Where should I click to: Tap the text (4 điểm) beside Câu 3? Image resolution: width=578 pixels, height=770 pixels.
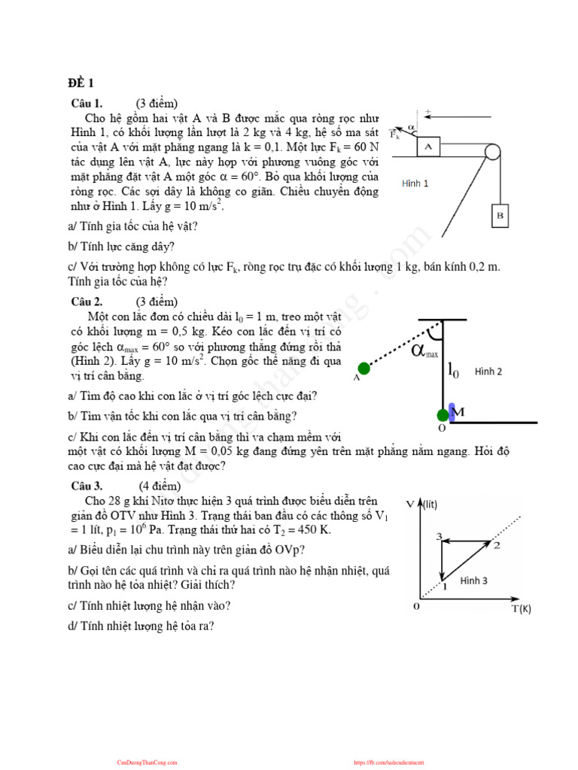coord(160,485)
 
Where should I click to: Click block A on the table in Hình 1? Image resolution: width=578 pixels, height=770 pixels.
coord(428,147)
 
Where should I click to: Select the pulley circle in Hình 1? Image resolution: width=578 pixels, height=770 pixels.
coord(492,151)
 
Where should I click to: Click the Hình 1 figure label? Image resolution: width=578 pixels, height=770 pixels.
coord(415,183)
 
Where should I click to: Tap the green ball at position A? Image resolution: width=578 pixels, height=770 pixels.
coord(364,368)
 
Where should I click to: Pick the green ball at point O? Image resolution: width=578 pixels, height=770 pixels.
coord(443,415)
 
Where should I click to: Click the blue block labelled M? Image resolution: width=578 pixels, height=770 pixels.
coord(452,411)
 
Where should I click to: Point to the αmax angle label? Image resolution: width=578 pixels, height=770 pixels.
coord(424,351)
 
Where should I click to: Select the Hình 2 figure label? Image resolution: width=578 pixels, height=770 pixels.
coord(488,371)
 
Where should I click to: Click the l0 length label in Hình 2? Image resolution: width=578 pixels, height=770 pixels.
coord(454,370)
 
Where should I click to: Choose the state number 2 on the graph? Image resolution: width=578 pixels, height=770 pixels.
coord(496,544)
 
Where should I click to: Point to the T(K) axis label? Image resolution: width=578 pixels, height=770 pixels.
coord(522,608)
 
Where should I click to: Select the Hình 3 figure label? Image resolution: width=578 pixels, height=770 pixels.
coord(474,581)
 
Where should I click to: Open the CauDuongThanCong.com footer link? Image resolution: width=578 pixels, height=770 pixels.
coord(148,762)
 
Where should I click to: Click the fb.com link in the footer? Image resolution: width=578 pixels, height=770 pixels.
coord(395,762)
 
